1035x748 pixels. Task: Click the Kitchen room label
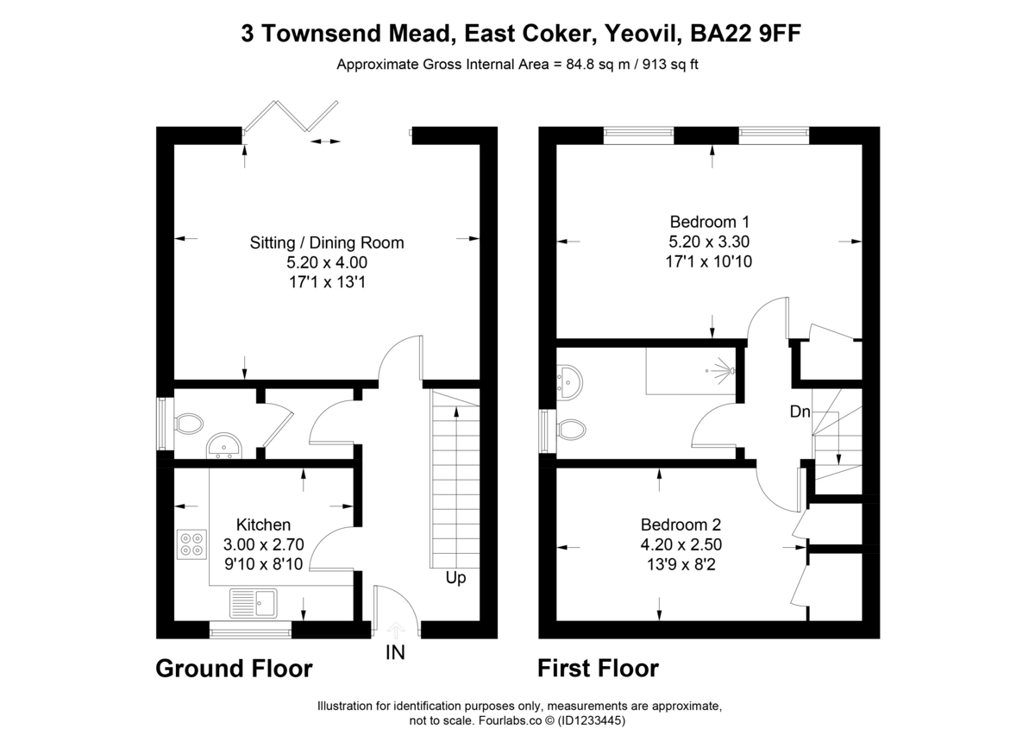click(263, 525)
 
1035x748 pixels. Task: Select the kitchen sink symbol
click(253, 601)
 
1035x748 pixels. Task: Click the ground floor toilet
click(186, 424)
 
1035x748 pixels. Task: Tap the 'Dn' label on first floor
click(800, 412)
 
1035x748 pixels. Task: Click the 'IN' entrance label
click(395, 653)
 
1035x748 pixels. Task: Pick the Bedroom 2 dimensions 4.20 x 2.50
click(681, 544)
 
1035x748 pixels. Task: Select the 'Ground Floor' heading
click(234, 669)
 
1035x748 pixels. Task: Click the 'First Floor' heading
click(598, 669)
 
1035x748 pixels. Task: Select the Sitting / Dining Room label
click(326, 242)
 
